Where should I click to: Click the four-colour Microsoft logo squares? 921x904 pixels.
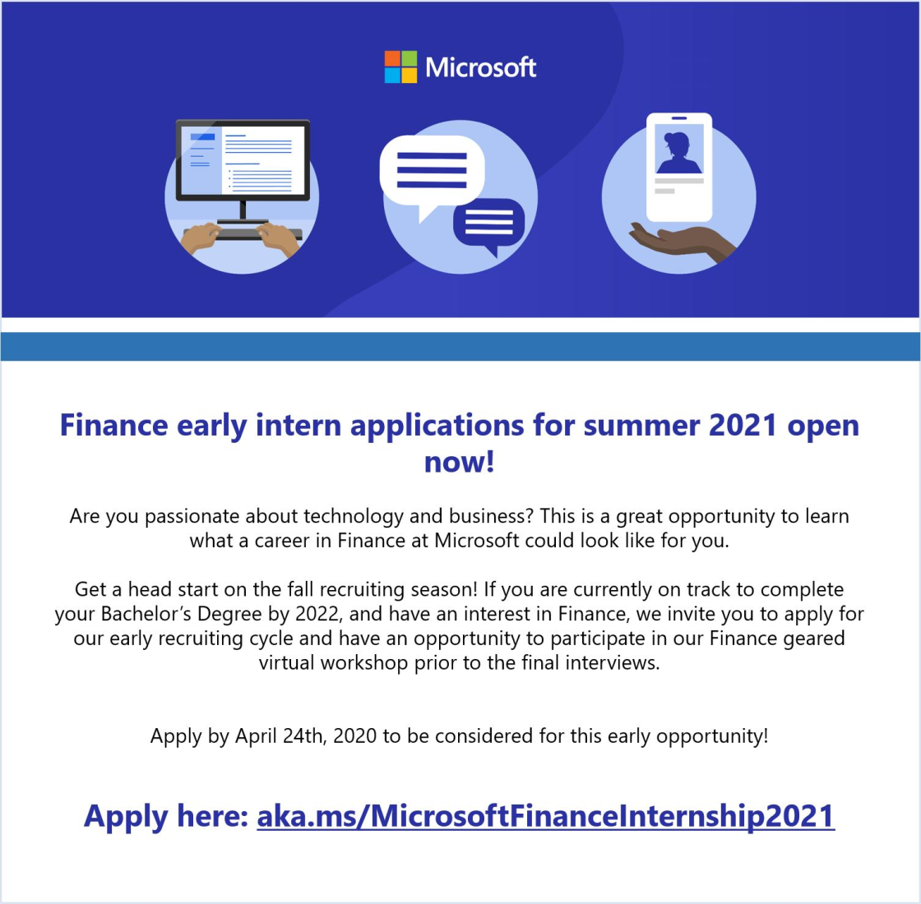(x=400, y=67)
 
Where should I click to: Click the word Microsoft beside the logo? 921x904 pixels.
(x=481, y=67)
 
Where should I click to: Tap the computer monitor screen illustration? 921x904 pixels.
(x=243, y=159)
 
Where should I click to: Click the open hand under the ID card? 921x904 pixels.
(x=682, y=239)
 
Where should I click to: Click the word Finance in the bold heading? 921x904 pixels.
(x=113, y=426)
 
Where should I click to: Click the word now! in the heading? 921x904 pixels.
(x=459, y=462)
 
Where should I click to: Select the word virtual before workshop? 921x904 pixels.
(x=287, y=662)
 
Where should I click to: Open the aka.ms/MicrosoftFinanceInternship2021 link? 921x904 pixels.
(x=545, y=816)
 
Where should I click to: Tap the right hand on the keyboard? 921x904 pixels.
(x=280, y=238)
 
